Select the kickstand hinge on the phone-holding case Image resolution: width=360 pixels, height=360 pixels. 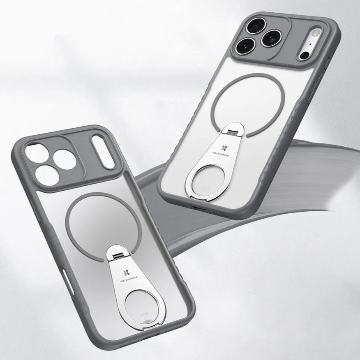pyautogui.click(x=231, y=131)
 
